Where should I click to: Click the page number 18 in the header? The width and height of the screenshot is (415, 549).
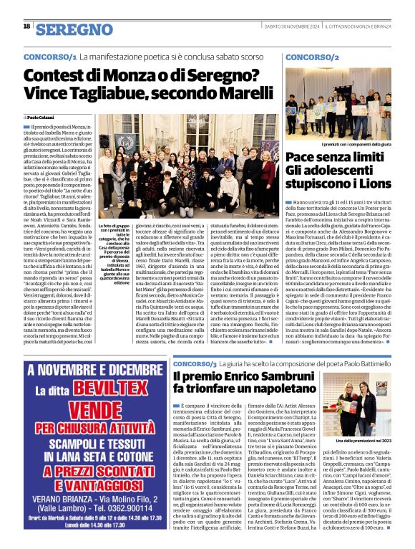click(x=26, y=27)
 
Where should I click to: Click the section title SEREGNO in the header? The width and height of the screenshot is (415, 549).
click(x=74, y=29)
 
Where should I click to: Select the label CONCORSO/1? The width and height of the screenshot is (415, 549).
click(x=49, y=56)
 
